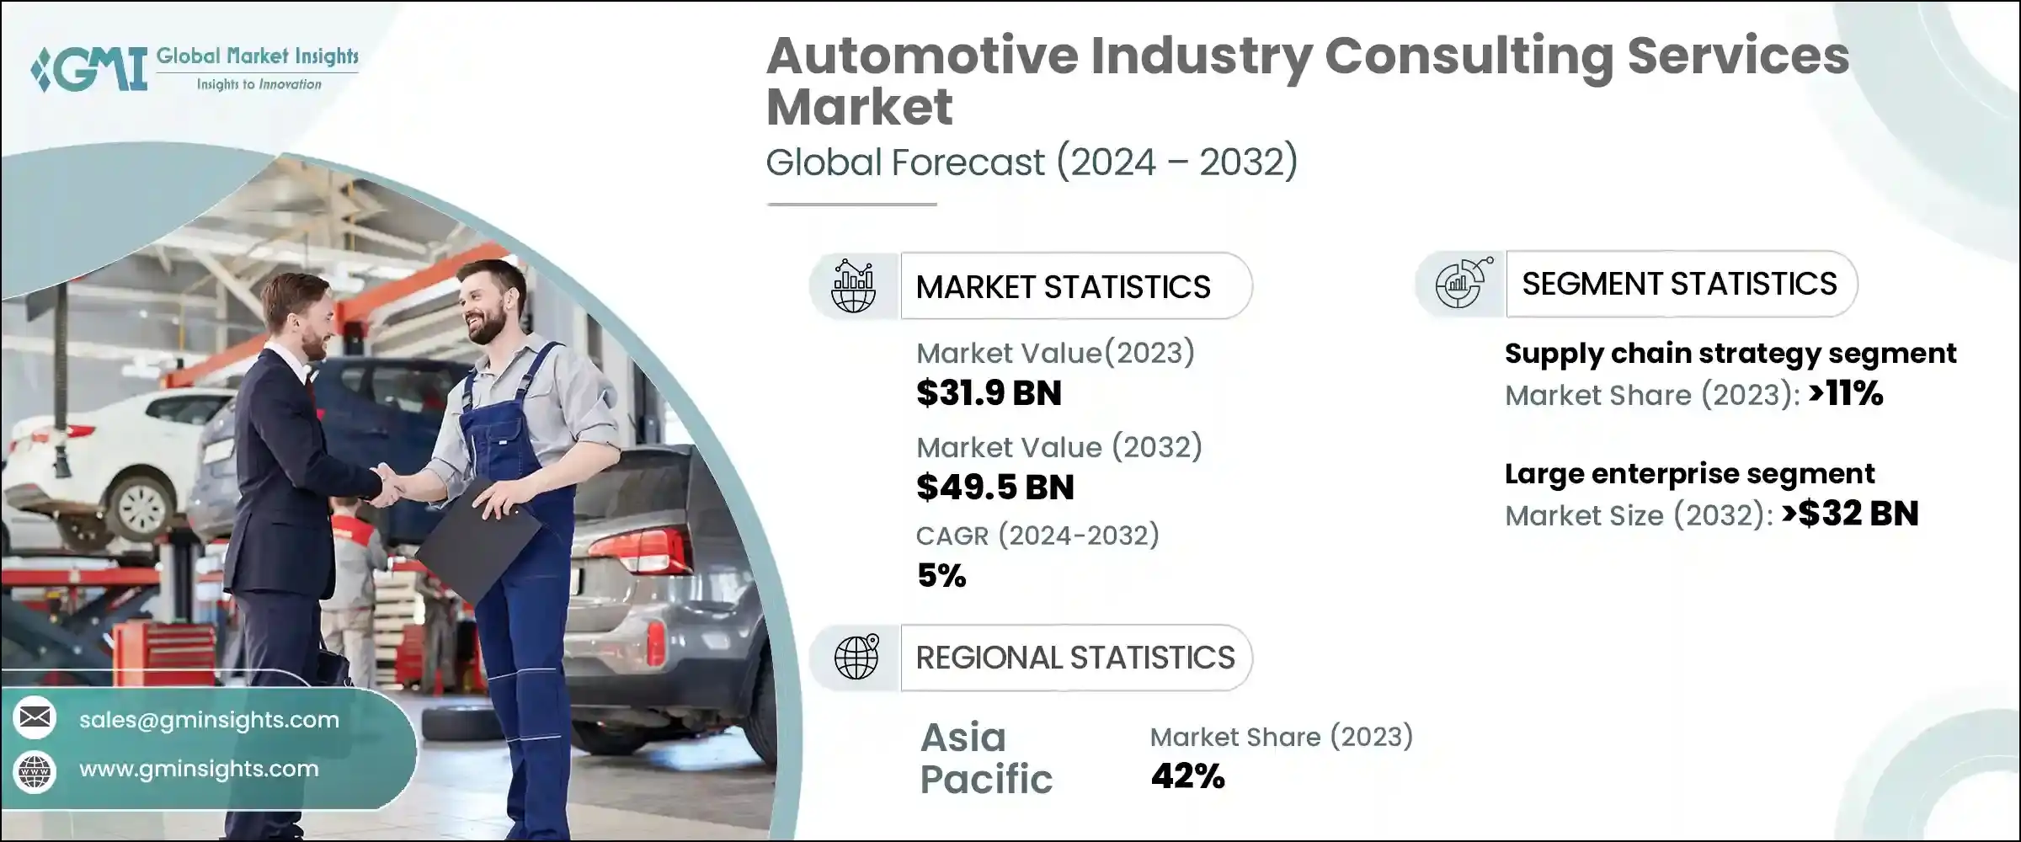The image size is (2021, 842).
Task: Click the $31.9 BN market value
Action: (x=989, y=393)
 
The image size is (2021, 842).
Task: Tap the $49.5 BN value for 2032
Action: (x=995, y=488)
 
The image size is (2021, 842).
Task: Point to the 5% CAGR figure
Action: (x=941, y=576)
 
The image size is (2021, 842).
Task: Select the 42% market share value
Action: (x=1187, y=776)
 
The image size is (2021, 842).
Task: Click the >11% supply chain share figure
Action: (x=1845, y=393)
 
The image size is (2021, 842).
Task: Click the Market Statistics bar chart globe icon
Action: (x=854, y=286)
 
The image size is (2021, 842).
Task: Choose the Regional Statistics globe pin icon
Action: (x=856, y=658)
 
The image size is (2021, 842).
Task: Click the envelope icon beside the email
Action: (x=35, y=718)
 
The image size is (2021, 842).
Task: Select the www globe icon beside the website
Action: (x=35, y=770)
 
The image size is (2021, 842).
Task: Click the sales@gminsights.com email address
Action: (x=209, y=720)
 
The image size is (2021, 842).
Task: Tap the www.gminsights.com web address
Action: (x=199, y=769)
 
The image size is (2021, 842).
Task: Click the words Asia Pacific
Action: (x=985, y=758)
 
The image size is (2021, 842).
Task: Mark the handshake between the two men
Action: (x=388, y=486)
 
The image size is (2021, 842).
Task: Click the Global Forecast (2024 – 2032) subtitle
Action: (x=1031, y=162)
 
